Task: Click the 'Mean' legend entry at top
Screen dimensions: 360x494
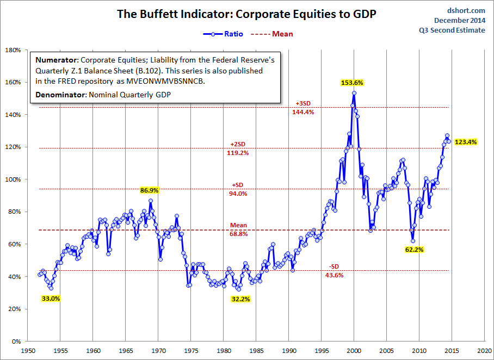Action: [x=273, y=34]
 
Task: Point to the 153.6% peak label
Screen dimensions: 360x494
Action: [x=351, y=83]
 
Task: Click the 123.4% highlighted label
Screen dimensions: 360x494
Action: [x=465, y=142]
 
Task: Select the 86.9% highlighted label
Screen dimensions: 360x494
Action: [x=150, y=190]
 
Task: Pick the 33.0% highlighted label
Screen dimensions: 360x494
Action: [x=51, y=299]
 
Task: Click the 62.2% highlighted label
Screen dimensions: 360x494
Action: [x=413, y=250]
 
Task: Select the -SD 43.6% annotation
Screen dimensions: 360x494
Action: [x=334, y=270]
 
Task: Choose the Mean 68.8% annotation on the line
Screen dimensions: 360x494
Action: [x=238, y=229]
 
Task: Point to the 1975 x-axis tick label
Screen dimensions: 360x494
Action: [x=191, y=351]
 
